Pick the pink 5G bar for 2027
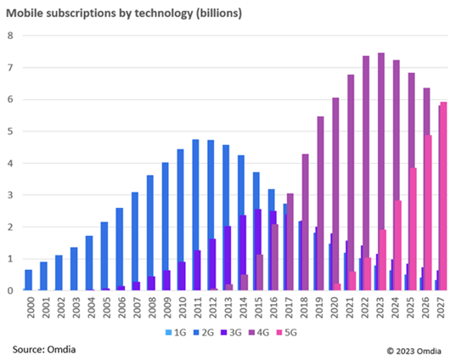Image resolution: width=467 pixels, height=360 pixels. click(443, 196)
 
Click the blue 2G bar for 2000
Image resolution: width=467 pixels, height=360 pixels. click(29, 280)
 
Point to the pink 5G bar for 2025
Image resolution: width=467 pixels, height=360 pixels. click(414, 229)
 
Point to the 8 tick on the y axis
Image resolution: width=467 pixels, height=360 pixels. click(9, 36)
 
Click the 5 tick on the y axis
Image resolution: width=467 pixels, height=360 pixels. click(9, 132)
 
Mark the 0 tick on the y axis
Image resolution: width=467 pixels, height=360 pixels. click(9, 290)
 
